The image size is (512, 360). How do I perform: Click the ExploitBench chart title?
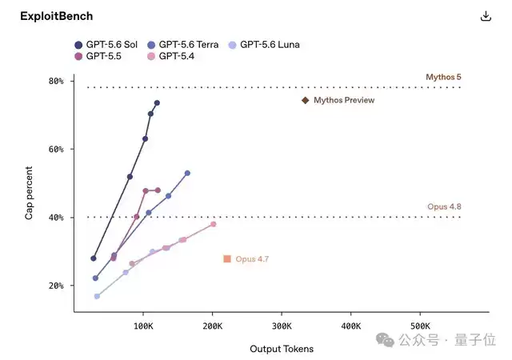pyautogui.click(x=57, y=16)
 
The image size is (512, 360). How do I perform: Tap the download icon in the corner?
pyautogui.click(x=486, y=16)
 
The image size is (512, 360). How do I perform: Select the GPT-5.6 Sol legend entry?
pyautogui.click(x=106, y=45)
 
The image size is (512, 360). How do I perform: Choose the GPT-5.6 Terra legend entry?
pyautogui.click(x=183, y=45)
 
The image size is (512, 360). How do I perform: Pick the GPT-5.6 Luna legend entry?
pyautogui.click(x=264, y=45)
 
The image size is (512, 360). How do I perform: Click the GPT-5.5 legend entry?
pyautogui.click(x=98, y=56)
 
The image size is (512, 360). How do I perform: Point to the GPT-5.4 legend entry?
pyautogui.click(x=170, y=56)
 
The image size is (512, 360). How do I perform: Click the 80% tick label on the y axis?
pyautogui.click(x=56, y=81)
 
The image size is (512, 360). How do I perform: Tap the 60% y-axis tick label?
pyautogui.click(x=56, y=150)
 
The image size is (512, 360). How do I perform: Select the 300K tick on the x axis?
pyautogui.click(x=282, y=326)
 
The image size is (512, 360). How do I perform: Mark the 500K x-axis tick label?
pyautogui.click(x=420, y=326)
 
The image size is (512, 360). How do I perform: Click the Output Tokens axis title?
pyautogui.click(x=282, y=349)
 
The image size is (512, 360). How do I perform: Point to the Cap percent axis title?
pyautogui.click(x=29, y=193)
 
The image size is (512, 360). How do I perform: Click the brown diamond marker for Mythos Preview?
pyautogui.click(x=306, y=100)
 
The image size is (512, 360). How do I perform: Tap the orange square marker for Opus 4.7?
pyautogui.click(x=227, y=259)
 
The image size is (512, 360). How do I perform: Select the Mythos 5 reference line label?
pyautogui.click(x=443, y=77)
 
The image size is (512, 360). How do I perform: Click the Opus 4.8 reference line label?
pyautogui.click(x=444, y=206)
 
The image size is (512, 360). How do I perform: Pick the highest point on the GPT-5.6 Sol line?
pyautogui.click(x=157, y=103)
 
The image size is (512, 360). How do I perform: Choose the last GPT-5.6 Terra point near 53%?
pyautogui.click(x=187, y=173)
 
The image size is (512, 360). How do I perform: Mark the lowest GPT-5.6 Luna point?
pyautogui.click(x=97, y=296)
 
